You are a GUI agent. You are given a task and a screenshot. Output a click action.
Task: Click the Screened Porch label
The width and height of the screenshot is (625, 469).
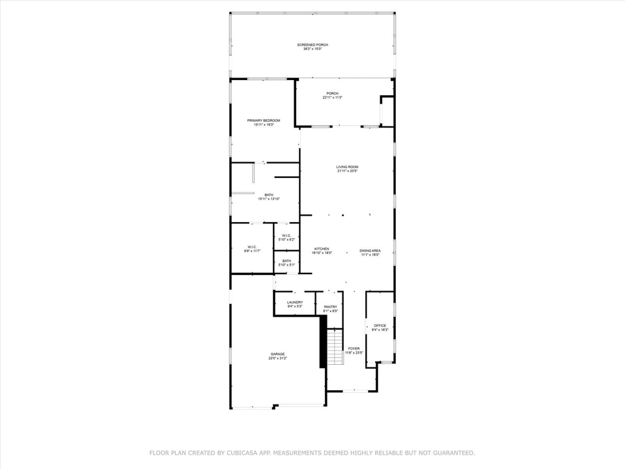coord(312,45)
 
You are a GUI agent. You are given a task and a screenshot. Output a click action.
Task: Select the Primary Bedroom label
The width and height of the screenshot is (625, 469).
coord(264,121)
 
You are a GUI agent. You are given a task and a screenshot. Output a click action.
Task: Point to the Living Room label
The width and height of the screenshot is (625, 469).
coord(347,167)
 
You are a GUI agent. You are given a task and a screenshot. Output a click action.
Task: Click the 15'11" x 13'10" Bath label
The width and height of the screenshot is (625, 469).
coord(269,195)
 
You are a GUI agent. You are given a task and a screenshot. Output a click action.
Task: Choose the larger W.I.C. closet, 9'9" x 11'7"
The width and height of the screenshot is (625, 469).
coord(251,247)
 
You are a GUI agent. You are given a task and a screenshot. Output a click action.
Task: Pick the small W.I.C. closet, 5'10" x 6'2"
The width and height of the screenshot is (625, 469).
coord(286,235)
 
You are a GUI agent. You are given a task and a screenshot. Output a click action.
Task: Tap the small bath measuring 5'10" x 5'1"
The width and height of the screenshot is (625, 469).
coord(286,261)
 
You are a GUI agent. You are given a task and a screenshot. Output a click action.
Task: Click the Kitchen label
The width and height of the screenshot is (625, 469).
coord(322,249)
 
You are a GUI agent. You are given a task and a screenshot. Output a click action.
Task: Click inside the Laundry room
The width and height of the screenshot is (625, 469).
coord(295,302)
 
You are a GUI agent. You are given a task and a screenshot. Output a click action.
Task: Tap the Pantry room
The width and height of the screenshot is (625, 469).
coord(330,307)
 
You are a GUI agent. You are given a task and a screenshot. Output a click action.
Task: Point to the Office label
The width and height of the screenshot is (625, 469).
coord(380,326)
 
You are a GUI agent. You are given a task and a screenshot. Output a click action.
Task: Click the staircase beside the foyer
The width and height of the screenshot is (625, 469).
coord(335,348)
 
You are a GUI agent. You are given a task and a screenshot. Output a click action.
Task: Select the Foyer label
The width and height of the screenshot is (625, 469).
coord(354,348)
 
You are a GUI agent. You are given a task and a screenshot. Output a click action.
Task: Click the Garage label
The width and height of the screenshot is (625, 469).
coord(277,354)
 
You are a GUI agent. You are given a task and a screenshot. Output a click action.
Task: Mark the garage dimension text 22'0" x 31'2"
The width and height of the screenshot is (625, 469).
coord(277,358)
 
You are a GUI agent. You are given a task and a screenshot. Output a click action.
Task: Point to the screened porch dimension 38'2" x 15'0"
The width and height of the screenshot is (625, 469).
coord(312,49)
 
